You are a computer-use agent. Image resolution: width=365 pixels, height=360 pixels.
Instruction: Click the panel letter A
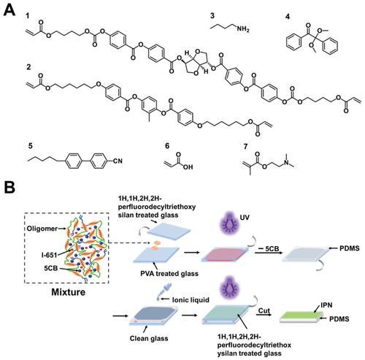[9, 10]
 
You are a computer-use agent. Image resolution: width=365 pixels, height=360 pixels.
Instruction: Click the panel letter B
[9, 188]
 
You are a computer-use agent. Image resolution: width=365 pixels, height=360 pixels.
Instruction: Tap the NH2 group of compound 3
[243, 29]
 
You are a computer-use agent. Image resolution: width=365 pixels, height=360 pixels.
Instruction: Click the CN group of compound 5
[118, 161]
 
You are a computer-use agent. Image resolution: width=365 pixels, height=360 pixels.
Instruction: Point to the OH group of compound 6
[187, 167]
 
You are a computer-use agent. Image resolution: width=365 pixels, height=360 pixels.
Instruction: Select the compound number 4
[288, 17]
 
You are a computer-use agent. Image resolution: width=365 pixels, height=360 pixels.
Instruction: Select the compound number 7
[245, 147]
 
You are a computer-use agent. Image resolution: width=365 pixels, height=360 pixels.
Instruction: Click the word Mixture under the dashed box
[69, 292]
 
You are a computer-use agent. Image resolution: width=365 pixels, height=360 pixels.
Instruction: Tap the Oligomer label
[42, 229]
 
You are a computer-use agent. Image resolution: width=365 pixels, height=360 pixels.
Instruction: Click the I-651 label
[49, 255]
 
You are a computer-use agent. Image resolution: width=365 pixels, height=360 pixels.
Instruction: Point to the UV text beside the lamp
[245, 218]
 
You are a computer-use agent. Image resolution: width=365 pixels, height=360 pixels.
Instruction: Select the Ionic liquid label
[191, 300]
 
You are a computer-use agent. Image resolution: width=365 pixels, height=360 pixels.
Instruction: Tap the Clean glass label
[149, 338]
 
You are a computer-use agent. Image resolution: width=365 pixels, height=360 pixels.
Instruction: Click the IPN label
[326, 305]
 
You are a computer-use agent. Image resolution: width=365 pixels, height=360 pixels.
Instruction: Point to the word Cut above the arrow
[264, 310]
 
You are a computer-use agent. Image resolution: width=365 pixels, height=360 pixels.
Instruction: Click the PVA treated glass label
[169, 273]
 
